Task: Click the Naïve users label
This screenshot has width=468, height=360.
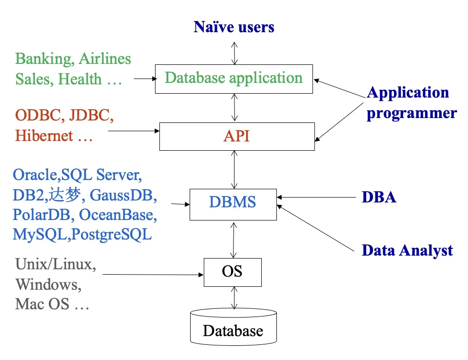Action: pyautogui.click(x=234, y=27)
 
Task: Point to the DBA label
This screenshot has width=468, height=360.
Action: pyautogui.click(x=379, y=198)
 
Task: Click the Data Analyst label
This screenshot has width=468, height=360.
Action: pyautogui.click(x=407, y=250)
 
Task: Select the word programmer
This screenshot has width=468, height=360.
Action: pyautogui.click(x=411, y=114)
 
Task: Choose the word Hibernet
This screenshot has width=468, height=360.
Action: pyautogui.click(x=44, y=136)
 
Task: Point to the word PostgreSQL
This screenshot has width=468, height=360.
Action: pyautogui.click(x=112, y=235)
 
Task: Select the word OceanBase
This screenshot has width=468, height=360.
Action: pyautogui.click(x=118, y=215)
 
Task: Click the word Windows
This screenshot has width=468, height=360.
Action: pyautogui.click(x=48, y=284)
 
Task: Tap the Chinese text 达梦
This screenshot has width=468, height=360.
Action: pyautogui.click(x=65, y=195)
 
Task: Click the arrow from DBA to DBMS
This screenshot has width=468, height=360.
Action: pyautogui.click(x=316, y=197)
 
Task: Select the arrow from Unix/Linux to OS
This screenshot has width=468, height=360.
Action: pyautogui.click(x=153, y=275)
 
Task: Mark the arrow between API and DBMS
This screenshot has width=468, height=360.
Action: pyautogui.click(x=234, y=170)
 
